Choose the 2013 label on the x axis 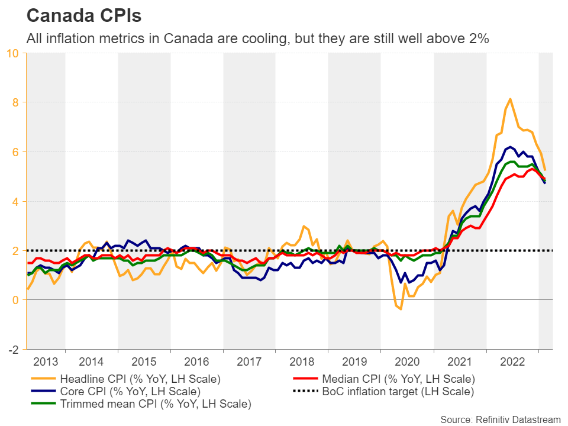46,362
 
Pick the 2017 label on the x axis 249,362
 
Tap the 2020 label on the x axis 407,362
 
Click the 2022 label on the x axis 512,362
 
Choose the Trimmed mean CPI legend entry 156,404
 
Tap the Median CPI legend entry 398,379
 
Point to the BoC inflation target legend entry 398,391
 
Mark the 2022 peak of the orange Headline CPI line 510,99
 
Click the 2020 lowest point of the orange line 401,309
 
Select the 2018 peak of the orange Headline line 304,226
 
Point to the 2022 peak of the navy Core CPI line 510,147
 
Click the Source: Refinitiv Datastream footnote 500,419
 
